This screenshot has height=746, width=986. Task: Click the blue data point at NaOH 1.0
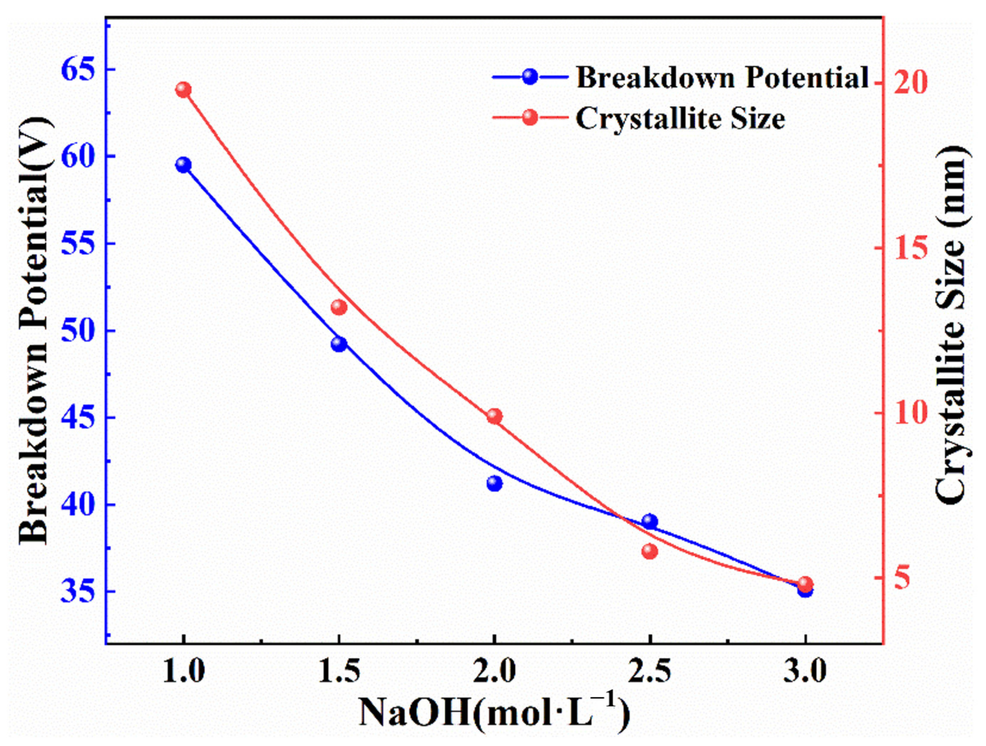183,165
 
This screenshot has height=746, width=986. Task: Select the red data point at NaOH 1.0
183,89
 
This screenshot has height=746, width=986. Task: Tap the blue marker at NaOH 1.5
339,344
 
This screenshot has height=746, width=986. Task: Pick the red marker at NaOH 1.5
339,307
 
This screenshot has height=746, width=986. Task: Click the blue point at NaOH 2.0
494,483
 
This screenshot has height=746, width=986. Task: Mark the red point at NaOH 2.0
494,416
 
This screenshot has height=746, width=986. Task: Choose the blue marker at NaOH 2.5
650,522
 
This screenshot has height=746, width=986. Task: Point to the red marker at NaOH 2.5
650,551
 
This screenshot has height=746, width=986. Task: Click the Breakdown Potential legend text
722,77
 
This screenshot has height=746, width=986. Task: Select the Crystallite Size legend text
680,118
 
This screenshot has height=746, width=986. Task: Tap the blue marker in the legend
530,76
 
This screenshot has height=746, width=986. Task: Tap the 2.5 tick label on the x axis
650,672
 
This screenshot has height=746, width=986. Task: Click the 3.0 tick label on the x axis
805,672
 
